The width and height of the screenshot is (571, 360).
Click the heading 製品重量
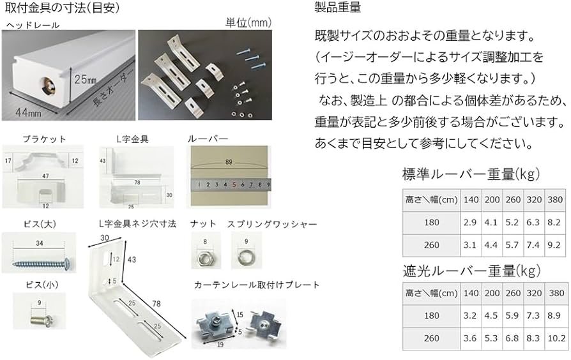coord(338,8)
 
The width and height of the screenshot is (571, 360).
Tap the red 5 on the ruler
coord(234,186)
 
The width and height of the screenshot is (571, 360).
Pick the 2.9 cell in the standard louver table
coord(469,223)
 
